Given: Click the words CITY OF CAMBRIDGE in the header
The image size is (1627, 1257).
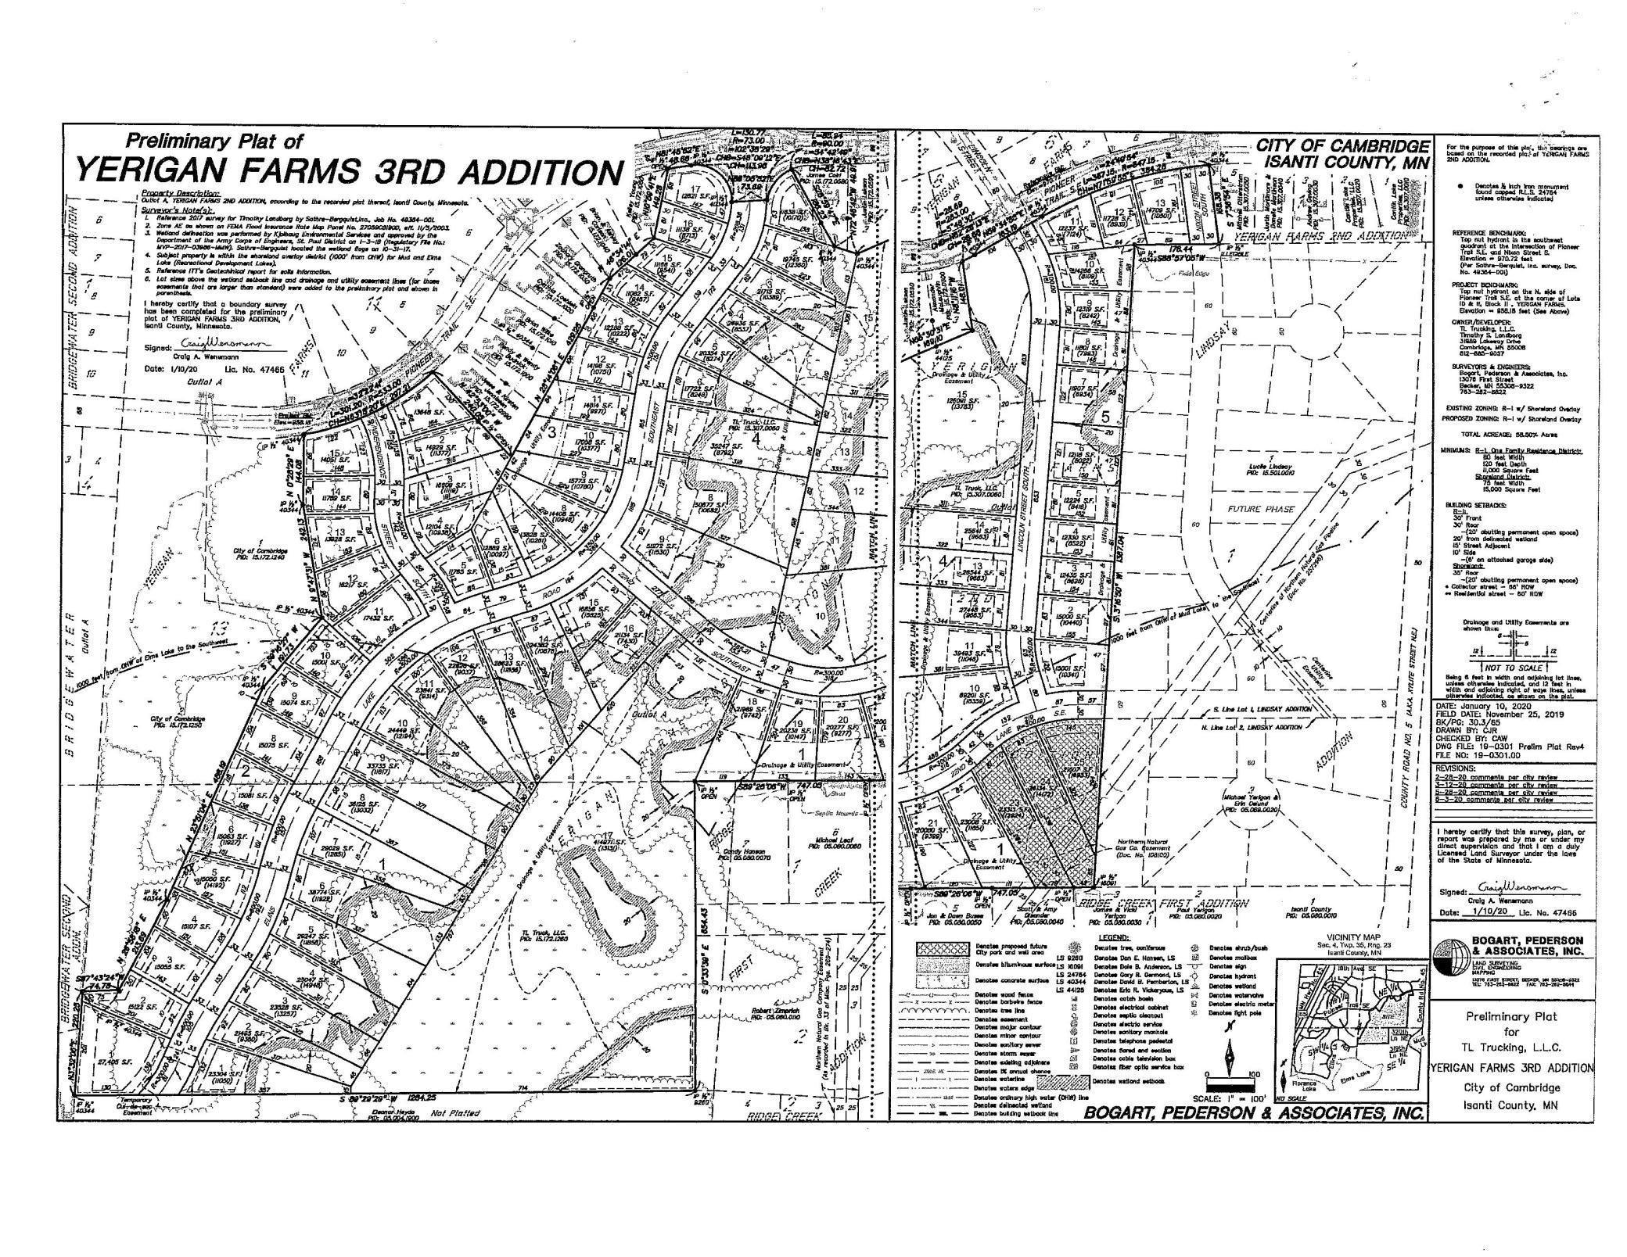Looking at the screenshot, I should (x=1342, y=147).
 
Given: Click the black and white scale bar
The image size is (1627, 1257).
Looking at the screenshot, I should (x=1230, y=1086).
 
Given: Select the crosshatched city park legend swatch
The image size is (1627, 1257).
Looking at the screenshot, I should (x=945, y=950).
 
